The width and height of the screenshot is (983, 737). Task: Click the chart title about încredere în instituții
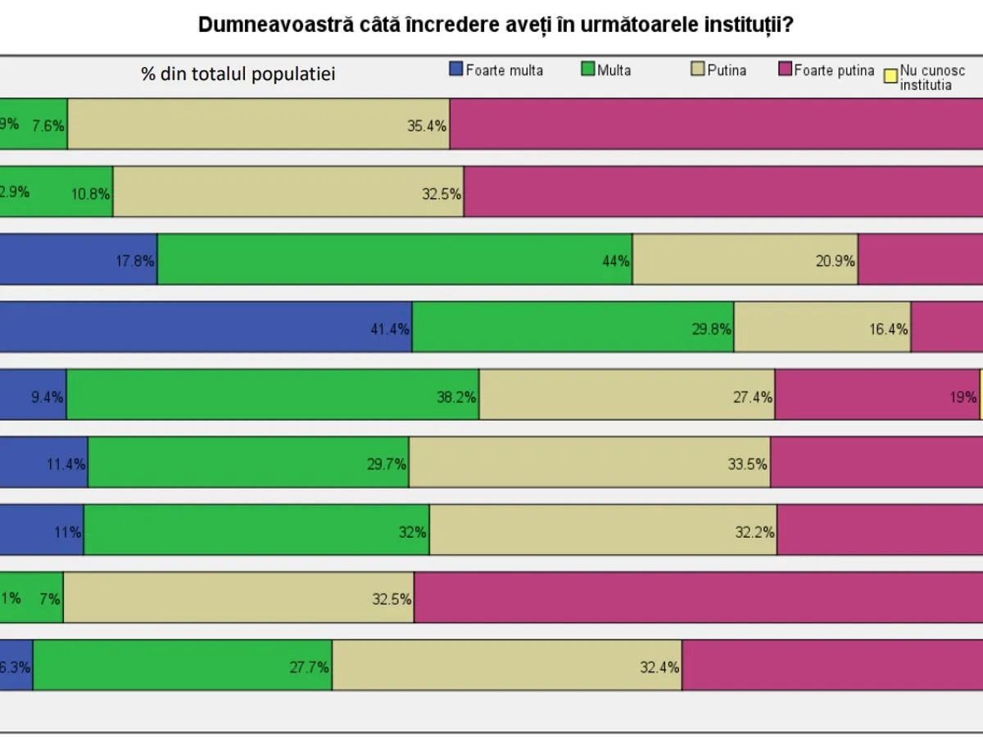496,25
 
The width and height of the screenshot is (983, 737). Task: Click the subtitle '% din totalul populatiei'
238,74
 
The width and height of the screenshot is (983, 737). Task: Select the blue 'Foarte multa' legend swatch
456,70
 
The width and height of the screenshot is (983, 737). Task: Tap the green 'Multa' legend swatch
587,70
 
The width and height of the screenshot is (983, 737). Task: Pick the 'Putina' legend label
727,70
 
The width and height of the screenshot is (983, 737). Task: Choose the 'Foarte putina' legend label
834,70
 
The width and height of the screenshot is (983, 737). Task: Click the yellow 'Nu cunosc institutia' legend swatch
890,76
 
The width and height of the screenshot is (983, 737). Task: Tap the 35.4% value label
427,126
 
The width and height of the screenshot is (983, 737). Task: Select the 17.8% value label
135,261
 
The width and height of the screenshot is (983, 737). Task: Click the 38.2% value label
456,397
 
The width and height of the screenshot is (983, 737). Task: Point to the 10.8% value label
90,194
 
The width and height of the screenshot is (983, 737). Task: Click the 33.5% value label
747,464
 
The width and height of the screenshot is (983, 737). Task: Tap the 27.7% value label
309,667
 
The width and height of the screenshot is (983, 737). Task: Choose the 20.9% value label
836,261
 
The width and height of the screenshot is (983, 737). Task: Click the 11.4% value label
66,464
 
